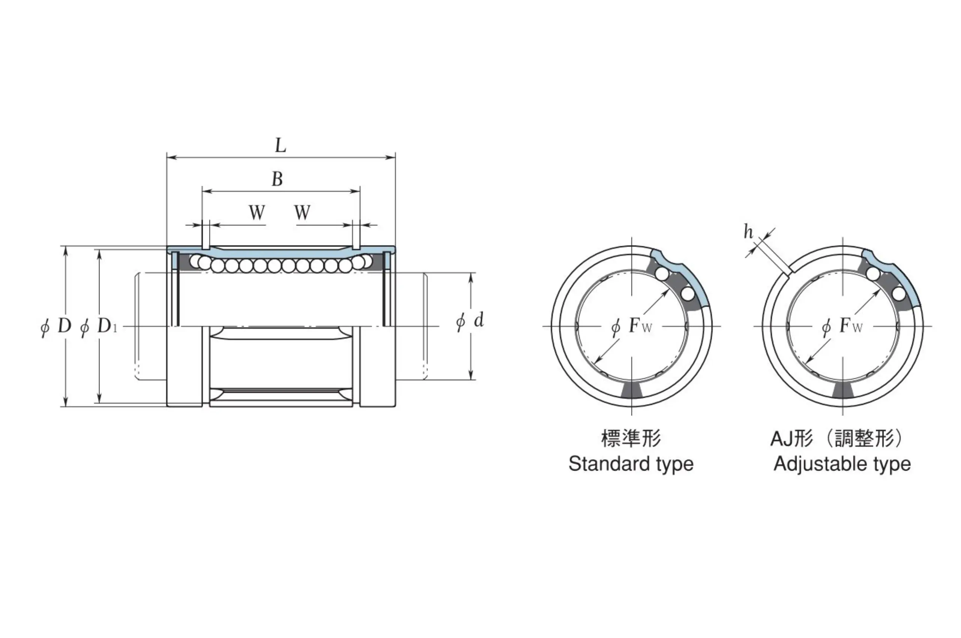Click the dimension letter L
coord(280,145)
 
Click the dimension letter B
coord(277,179)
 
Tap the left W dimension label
coord(257,212)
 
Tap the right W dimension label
coord(303,212)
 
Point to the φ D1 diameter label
coord(98,326)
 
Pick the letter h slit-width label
coord(748,232)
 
